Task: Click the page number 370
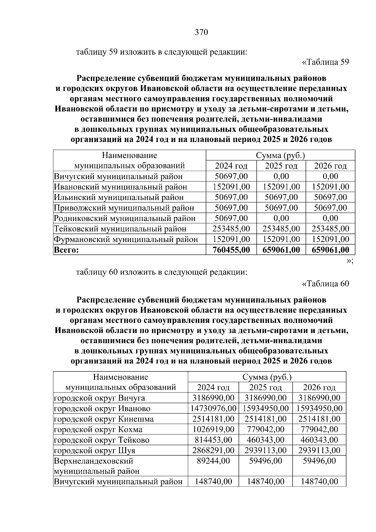pos(201,32)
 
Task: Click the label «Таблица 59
pos(325,62)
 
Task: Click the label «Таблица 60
pos(325,284)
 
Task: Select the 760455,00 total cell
pos(231,250)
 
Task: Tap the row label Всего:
pos(66,250)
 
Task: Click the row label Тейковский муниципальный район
pos(120,229)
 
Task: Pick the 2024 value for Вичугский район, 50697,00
pos(231,176)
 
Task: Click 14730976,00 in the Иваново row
pos(213,408)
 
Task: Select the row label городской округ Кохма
pos(98,429)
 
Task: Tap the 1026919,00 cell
pos(213,429)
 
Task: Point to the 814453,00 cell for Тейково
pos(213,440)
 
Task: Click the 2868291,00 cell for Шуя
pos(213,450)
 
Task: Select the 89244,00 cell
pos(213,461)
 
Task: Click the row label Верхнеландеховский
pos(93,461)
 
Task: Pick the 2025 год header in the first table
pos(281,166)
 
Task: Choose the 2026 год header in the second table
pos(319,387)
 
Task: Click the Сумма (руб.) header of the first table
pos(280,155)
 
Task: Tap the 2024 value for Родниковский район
pos(231,218)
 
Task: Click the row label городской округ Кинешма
pos(104,419)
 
